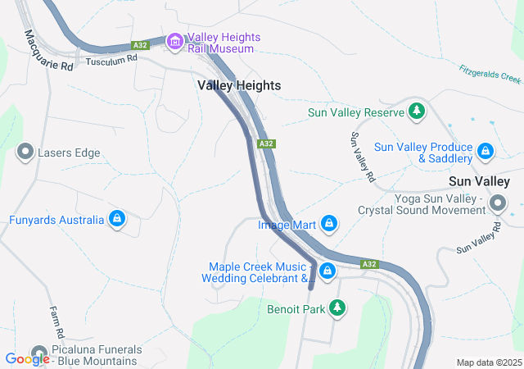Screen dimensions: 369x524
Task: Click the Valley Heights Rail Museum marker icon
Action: tap(174, 41)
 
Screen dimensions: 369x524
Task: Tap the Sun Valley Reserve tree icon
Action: tap(417, 111)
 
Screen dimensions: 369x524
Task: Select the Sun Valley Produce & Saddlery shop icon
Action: tap(486, 152)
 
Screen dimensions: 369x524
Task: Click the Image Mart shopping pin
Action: tap(328, 223)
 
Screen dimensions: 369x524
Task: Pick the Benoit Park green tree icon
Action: tap(336, 308)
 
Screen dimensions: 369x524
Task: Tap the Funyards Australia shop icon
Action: tap(117, 219)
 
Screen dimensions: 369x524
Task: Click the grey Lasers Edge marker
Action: tap(25, 152)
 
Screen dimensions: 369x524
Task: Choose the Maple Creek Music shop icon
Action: tap(327, 270)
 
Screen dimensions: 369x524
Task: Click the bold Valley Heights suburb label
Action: tap(239, 85)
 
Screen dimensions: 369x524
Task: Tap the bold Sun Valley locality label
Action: tap(480, 181)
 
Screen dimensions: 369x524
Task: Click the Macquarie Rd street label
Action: tap(49, 51)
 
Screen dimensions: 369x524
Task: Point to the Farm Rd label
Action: tap(56, 323)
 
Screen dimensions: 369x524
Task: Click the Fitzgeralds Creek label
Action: tap(490, 75)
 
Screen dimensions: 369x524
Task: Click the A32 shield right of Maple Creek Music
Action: tap(369, 264)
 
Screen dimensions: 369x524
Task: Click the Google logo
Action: tap(27, 358)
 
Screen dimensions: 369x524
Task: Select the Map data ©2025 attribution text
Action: tap(488, 362)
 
